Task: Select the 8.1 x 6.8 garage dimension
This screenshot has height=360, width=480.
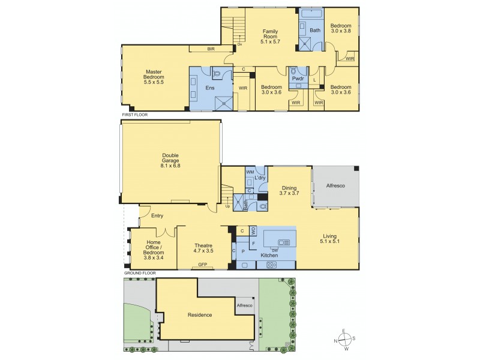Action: (x=170, y=165)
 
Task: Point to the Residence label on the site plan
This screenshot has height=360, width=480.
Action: (x=200, y=314)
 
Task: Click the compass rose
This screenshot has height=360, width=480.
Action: (x=344, y=338)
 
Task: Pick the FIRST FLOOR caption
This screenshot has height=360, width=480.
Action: (x=134, y=114)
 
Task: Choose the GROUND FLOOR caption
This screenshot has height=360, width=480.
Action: (x=140, y=272)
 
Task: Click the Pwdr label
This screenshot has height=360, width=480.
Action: (x=296, y=79)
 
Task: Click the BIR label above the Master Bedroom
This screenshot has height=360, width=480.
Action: (x=211, y=48)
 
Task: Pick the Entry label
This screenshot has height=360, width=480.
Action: (x=158, y=216)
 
